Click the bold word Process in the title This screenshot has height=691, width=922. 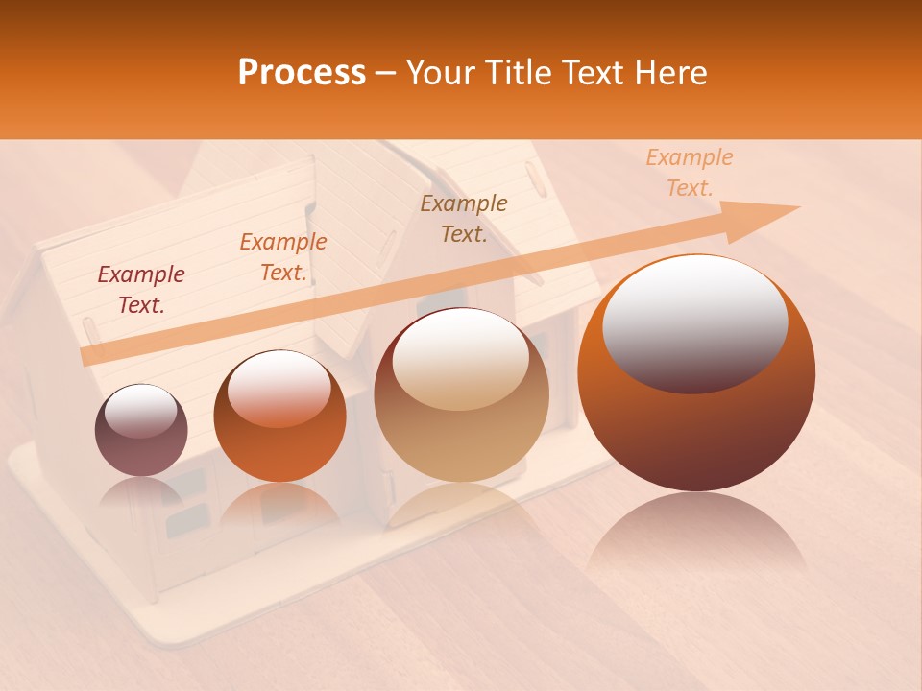click(x=302, y=73)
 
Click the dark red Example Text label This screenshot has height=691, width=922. click(x=141, y=290)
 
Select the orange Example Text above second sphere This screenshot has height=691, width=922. click(x=283, y=257)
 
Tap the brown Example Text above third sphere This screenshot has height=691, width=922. click(x=464, y=219)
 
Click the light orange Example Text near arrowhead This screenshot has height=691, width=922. click(x=690, y=173)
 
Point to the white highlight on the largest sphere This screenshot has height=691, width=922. click(x=694, y=322)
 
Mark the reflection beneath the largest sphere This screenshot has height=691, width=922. click(x=697, y=537)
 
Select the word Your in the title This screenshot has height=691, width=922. click(x=443, y=73)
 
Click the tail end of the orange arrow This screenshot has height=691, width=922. click(x=86, y=356)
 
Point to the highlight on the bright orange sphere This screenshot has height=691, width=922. click(x=279, y=387)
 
